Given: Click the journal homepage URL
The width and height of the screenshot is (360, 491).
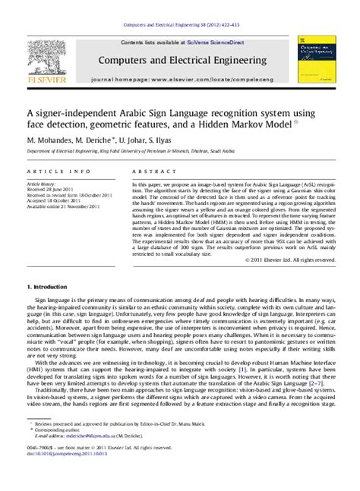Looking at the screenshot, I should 202,78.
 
